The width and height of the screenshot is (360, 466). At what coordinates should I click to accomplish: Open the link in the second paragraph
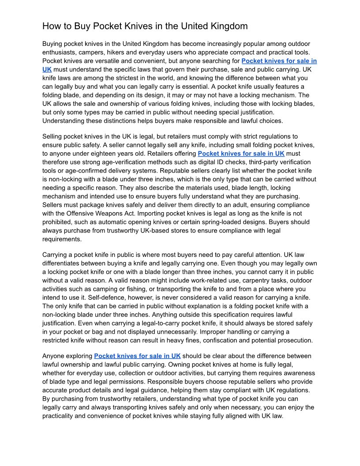pos(241,154)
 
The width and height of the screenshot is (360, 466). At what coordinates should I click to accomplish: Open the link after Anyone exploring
pos(137,356)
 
